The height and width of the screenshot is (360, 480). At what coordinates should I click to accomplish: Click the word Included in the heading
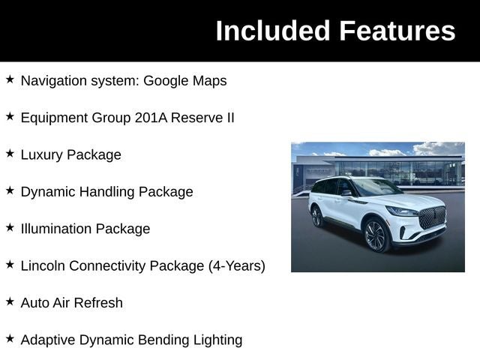[273, 31]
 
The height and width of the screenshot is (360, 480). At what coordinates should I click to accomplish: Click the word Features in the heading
[397, 31]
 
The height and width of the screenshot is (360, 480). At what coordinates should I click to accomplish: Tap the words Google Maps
[185, 81]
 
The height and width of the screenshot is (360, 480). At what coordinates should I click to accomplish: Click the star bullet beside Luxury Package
[10, 153]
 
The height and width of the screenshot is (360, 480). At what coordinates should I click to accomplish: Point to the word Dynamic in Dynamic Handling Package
[47, 192]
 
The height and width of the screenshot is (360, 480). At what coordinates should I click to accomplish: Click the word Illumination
[56, 229]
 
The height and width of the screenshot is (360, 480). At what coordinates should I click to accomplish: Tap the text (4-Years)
[237, 266]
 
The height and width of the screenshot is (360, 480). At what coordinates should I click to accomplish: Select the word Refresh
[98, 303]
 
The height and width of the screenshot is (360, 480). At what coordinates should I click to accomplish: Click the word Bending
[163, 340]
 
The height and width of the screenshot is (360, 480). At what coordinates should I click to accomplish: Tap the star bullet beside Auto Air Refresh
[10, 301]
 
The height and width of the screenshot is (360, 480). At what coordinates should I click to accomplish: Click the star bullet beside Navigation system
[10, 79]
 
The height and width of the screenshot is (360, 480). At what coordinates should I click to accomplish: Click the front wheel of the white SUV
[375, 235]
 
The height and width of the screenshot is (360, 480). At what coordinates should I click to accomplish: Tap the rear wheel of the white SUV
[316, 217]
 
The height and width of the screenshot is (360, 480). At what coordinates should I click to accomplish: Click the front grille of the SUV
[432, 217]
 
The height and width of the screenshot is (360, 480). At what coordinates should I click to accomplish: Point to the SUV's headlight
[402, 211]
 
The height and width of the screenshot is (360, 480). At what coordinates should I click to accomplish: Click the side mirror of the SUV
[346, 193]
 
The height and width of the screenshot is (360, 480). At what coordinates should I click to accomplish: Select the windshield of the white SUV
[376, 187]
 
